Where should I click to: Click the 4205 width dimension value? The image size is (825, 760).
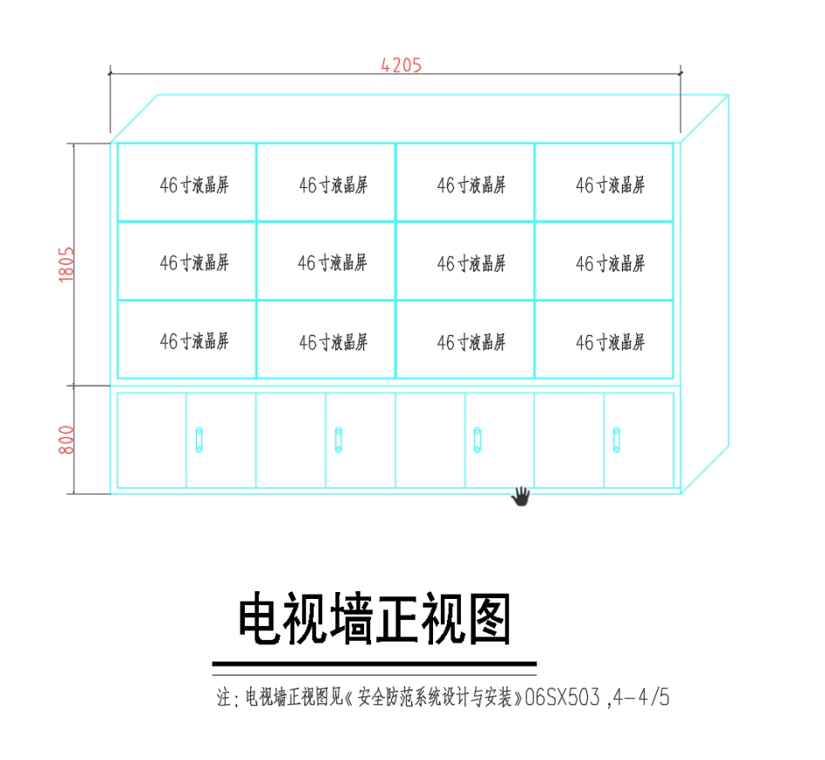[x=401, y=65]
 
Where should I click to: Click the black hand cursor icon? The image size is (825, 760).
[x=520, y=496]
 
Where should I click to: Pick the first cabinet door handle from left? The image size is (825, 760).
[x=199, y=440]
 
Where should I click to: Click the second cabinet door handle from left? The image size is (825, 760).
[x=338, y=440]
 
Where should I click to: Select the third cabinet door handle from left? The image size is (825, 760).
[x=477, y=440]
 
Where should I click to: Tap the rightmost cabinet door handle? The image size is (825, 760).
[x=617, y=440]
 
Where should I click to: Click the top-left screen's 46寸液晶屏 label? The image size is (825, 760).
[x=194, y=185]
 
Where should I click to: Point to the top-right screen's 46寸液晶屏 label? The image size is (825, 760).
[x=610, y=185]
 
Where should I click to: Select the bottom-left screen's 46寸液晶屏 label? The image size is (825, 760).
[x=194, y=342]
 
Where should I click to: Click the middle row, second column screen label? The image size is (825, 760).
[x=332, y=263]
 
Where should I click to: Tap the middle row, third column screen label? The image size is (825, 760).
[x=471, y=264]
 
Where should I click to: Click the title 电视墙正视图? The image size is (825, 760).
[x=375, y=620]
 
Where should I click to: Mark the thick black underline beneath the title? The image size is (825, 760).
[x=375, y=663]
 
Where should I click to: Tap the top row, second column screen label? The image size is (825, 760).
[x=333, y=185]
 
